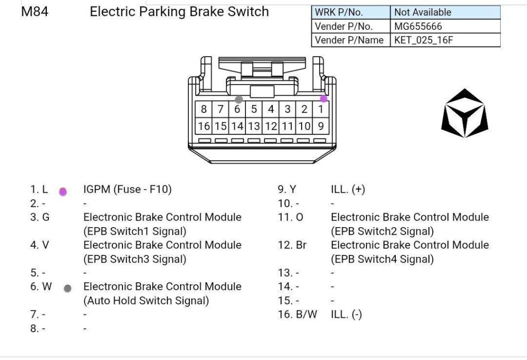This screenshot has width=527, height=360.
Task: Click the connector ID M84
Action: tap(34, 11)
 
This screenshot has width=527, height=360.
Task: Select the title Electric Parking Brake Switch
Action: tap(179, 11)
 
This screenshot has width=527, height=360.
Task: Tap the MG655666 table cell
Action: tap(418, 26)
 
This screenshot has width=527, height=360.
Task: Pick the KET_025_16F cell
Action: tap(424, 40)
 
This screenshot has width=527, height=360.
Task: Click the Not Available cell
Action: tap(423, 12)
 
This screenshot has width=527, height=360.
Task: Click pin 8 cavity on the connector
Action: tap(204, 109)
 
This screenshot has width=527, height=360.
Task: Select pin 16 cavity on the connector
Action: tap(204, 126)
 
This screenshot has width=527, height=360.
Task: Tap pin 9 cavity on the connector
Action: tap(321, 126)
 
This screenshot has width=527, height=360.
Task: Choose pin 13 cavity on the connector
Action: tap(254, 126)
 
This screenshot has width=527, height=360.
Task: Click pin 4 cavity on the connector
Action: tap(271, 109)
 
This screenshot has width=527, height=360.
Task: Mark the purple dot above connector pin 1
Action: tap(323, 98)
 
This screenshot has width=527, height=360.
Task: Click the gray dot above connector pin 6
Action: tap(238, 99)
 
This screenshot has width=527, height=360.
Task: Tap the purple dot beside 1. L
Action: tap(63, 192)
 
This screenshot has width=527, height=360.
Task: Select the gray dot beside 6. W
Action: tap(67, 288)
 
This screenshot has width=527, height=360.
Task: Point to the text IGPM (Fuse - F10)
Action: tap(128, 190)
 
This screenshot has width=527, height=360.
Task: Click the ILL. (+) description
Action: tap(348, 190)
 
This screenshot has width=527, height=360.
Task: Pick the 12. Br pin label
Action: tap(292, 245)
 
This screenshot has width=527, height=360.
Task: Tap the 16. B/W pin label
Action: tap(297, 314)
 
